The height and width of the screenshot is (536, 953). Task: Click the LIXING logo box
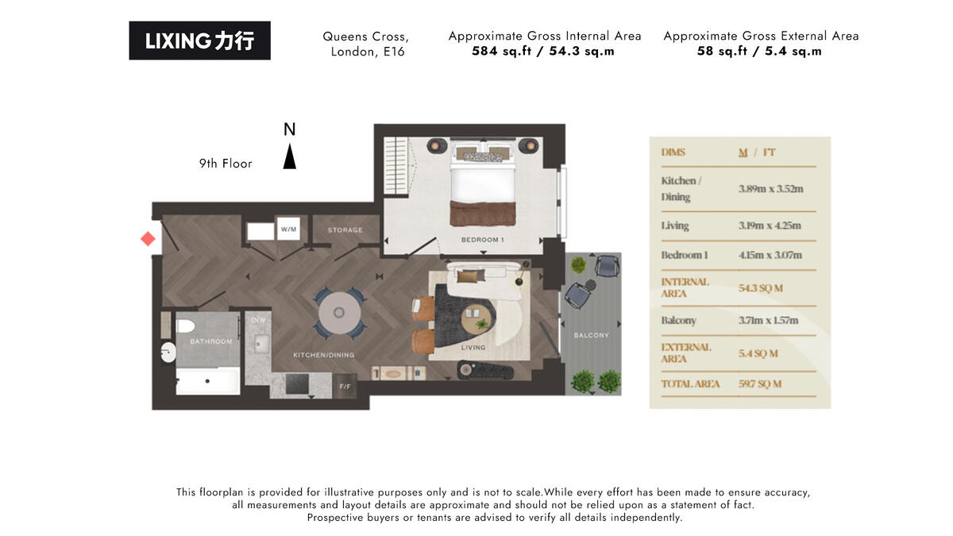(199, 40)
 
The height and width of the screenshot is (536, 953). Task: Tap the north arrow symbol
(290, 156)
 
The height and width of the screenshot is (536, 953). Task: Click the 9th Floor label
(226, 164)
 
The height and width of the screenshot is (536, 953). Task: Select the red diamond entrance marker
(148, 238)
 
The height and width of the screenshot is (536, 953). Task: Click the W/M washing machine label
(287, 229)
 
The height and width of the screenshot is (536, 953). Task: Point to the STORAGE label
(345, 230)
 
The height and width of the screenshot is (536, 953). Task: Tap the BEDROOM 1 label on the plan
(483, 240)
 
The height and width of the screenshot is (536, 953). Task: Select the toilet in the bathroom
(185, 326)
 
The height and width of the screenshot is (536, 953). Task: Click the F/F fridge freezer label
(345, 387)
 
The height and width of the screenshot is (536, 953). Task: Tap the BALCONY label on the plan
(591, 335)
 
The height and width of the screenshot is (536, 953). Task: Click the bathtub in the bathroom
(207, 381)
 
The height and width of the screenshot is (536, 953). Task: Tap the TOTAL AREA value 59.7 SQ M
(760, 384)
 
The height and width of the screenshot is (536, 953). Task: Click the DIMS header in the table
(673, 152)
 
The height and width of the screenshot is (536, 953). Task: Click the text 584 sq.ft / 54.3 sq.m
(544, 52)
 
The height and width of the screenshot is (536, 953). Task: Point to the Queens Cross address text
(365, 44)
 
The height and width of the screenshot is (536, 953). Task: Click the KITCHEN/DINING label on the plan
(323, 354)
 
